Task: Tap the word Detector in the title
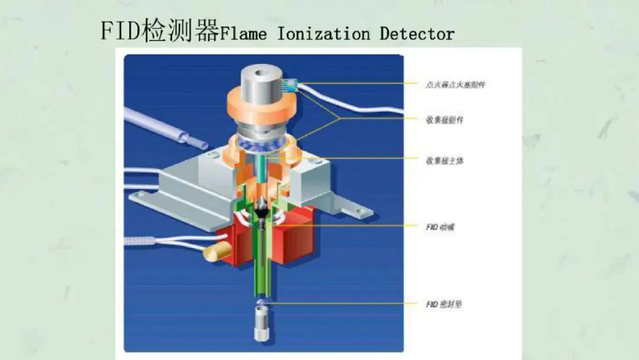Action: (417, 34)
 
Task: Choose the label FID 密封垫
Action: (443, 304)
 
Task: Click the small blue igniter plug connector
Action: (291, 85)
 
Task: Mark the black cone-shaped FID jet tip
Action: (261, 211)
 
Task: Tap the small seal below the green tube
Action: (261, 303)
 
